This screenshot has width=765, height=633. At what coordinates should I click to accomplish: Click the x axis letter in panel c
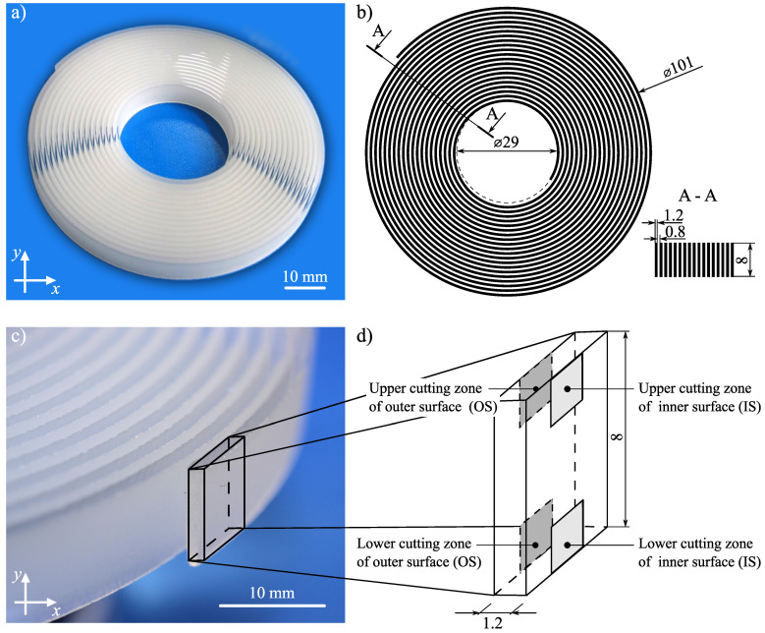point(57,610)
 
